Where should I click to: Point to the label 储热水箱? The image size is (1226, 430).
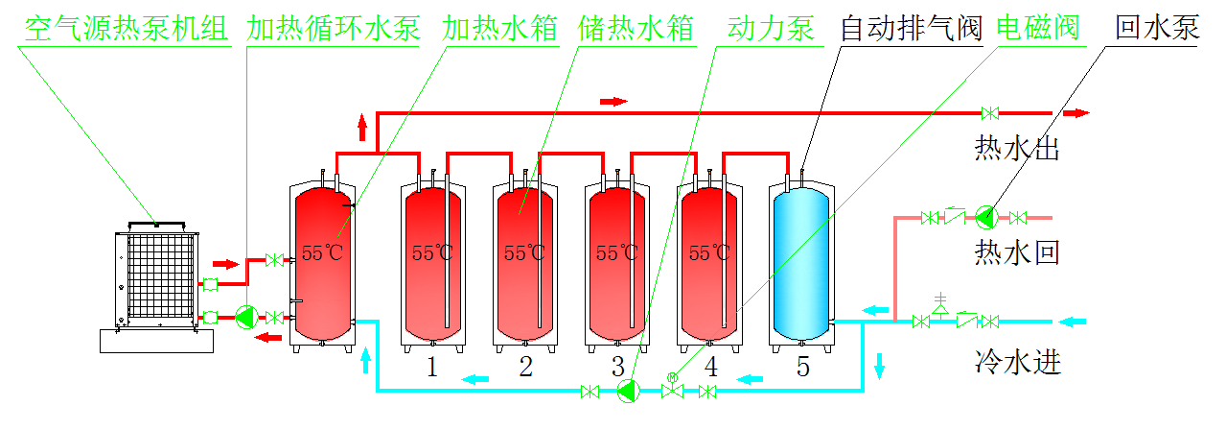tap(636, 28)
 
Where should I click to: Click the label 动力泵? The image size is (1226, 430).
tap(771, 28)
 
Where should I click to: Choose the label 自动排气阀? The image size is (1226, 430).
tap(912, 28)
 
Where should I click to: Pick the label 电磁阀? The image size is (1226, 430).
tap(1037, 28)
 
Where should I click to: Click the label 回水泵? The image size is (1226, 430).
tap(1157, 28)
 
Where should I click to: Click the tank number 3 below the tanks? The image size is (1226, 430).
tap(618, 366)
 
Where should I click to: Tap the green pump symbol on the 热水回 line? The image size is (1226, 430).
tap(984, 218)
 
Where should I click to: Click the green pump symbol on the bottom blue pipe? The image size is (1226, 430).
tap(628, 390)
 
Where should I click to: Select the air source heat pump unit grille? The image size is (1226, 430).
tap(156, 270)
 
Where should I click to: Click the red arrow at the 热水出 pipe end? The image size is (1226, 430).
tap(1077, 113)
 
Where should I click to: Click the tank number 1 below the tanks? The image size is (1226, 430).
tap(432, 366)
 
